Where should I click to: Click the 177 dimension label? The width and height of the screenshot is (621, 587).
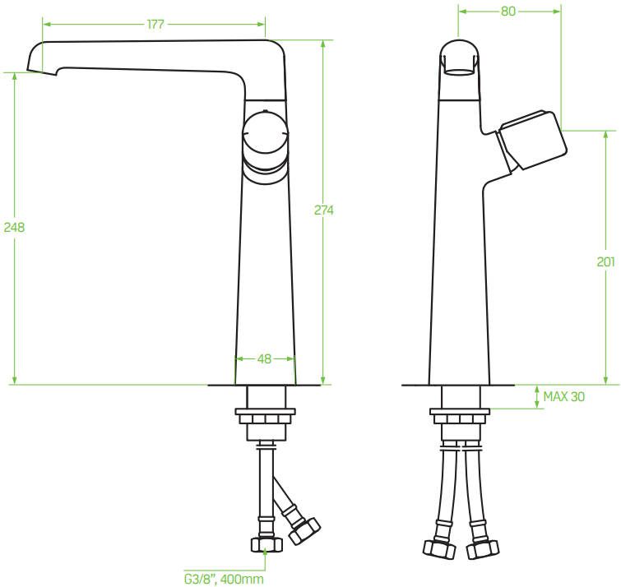[x=155, y=24]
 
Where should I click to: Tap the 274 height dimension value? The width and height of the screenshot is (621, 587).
[x=323, y=210]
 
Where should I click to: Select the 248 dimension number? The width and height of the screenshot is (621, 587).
[x=14, y=227]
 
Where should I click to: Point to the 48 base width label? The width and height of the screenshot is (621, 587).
[x=264, y=359]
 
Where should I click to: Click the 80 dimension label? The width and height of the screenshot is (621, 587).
[x=508, y=11]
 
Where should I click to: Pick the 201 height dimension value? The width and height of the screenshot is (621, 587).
[x=605, y=261]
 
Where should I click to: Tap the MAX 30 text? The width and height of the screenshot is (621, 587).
[x=563, y=396]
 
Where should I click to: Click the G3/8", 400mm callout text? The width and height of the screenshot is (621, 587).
[x=224, y=579]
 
